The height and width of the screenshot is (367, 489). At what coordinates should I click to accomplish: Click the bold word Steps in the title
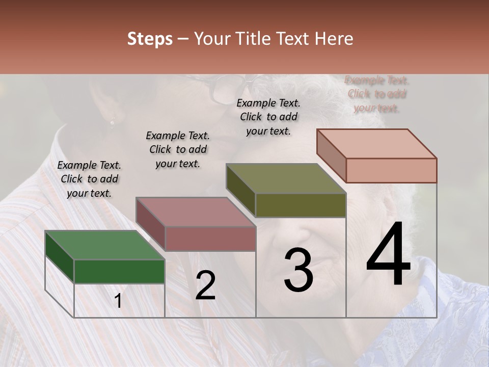[x=150, y=39]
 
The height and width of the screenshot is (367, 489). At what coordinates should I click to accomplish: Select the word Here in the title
[x=334, y=39]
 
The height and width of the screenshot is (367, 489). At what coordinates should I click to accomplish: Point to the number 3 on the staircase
[x=298, y=270]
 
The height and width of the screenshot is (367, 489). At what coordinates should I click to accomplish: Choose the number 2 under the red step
[x=205, y=285]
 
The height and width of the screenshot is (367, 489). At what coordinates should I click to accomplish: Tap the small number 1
[x=118, y=301]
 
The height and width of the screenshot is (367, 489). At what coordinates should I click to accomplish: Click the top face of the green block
[x=104, y=245]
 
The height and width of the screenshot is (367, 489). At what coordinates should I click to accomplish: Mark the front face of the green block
[x=119, y=271]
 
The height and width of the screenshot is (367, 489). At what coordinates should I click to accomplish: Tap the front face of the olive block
[x=301, y=205]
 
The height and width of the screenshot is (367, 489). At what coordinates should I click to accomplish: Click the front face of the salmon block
[x=391, y=170]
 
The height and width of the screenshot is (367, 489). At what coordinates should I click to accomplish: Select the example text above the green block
[x=89, y=179]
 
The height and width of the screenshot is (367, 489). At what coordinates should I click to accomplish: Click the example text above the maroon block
[x=178, y=149]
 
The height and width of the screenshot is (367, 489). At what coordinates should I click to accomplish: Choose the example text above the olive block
[x=268, y=117]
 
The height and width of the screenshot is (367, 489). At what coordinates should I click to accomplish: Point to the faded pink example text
[x=377, y=94]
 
